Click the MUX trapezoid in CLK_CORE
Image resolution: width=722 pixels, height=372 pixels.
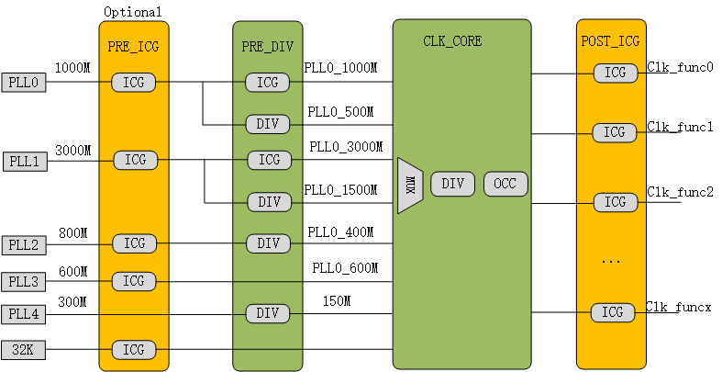(409, 185)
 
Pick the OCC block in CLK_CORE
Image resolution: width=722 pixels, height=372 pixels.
(505, 184)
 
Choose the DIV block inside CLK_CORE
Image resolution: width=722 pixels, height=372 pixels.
(452, 184)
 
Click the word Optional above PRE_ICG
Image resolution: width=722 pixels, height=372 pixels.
(132, 12)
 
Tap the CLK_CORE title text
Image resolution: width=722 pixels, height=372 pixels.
(452, 41)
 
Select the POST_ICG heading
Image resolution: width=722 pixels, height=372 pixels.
(610, 41)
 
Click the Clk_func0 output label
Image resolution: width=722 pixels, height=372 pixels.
(680, 67)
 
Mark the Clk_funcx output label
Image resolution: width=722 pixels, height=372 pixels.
(680, 306)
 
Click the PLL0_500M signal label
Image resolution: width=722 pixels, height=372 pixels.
(340, 113)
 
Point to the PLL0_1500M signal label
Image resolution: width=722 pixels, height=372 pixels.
(340, 190)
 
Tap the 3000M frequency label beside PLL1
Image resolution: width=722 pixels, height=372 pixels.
(73, 150)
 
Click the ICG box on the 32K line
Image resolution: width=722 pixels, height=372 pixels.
(134, 349)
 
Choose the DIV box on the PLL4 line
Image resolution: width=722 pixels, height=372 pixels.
(267, 313)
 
